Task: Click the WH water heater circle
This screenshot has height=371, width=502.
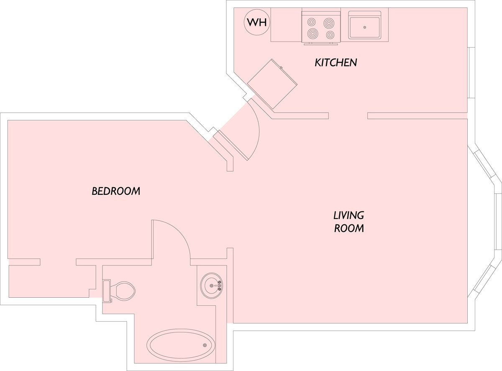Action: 257,22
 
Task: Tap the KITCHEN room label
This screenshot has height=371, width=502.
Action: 336,62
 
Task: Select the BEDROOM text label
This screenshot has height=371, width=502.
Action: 116,191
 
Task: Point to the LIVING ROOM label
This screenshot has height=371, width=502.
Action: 349,222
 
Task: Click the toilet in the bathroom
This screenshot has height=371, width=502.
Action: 119,291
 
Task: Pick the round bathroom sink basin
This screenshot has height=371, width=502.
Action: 212,286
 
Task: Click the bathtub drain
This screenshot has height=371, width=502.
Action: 205,345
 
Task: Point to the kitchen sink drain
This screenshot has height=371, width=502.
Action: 365,27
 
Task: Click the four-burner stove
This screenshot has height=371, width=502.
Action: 321,27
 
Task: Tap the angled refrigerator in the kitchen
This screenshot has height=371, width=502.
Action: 272,84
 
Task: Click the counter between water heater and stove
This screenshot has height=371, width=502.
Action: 286,25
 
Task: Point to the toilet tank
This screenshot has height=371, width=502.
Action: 107,291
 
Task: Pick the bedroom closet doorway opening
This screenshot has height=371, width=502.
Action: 58,262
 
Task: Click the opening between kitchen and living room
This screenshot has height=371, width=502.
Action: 348,116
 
